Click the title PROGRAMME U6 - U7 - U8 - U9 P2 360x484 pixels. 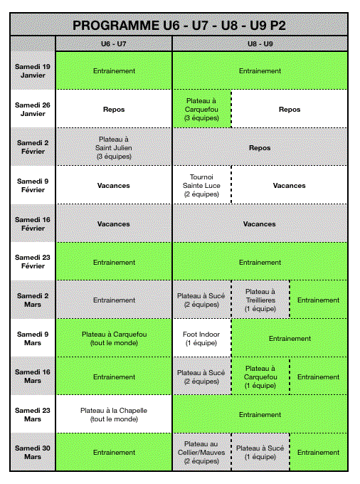(x=179, y=26)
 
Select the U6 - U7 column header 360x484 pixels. (x=114, y=44)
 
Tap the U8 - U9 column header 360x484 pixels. (x=260, y=44)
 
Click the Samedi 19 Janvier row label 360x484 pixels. (x=33, y=71)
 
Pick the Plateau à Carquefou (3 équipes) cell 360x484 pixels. (x=202, y=110)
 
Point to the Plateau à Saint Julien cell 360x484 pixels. (x=114, y=148)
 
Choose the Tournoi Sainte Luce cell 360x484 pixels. (x=202, y=186)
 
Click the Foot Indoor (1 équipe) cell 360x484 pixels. (x=202, y=339)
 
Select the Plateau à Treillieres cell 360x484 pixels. (x=260, y=300)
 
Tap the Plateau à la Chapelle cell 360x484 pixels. (x=114, y=414)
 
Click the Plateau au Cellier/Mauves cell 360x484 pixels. (x=202, y=453)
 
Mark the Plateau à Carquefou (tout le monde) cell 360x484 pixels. (x=114, y=339)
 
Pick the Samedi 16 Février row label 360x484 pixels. (x=33, y=224)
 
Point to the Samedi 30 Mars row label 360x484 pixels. (x=33, y=453)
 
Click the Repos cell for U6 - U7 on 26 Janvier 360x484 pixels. (x=114, y=110)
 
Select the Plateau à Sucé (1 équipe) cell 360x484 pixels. (x=260, y=453)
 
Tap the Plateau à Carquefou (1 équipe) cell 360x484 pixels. (x=260, y=377)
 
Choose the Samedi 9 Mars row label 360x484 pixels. (x=33, y=339)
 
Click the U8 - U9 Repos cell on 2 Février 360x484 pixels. (x=260, y=148)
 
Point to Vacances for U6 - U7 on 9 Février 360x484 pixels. (x=114, y=186)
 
